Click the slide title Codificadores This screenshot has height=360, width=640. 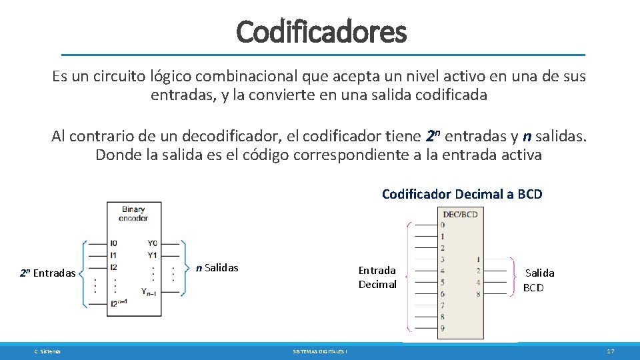[x=321, y=31]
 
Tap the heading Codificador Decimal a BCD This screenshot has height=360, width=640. [x=462, y=194]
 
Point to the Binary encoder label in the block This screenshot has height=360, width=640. [x=133, y=213]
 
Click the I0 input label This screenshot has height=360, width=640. [x=113, y=243]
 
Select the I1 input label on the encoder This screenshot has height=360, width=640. [x=113, y=255]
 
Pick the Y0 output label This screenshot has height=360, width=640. [x=153, y=243]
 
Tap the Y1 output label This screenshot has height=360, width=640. [x=153, y=255]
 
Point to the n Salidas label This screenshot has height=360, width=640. [x=217, y=268]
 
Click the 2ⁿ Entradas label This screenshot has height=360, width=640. [x=47, y=273]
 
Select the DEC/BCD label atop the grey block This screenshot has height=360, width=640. [x=460, y=213]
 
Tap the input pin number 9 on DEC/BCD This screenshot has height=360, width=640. [x=442, y=328]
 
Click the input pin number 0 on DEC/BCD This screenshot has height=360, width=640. [x=442, y=225]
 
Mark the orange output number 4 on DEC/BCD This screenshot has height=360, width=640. [x=478, y=282]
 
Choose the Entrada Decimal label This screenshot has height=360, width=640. [x=377, y=277]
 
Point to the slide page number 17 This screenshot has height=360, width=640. [x=610, y=351]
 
